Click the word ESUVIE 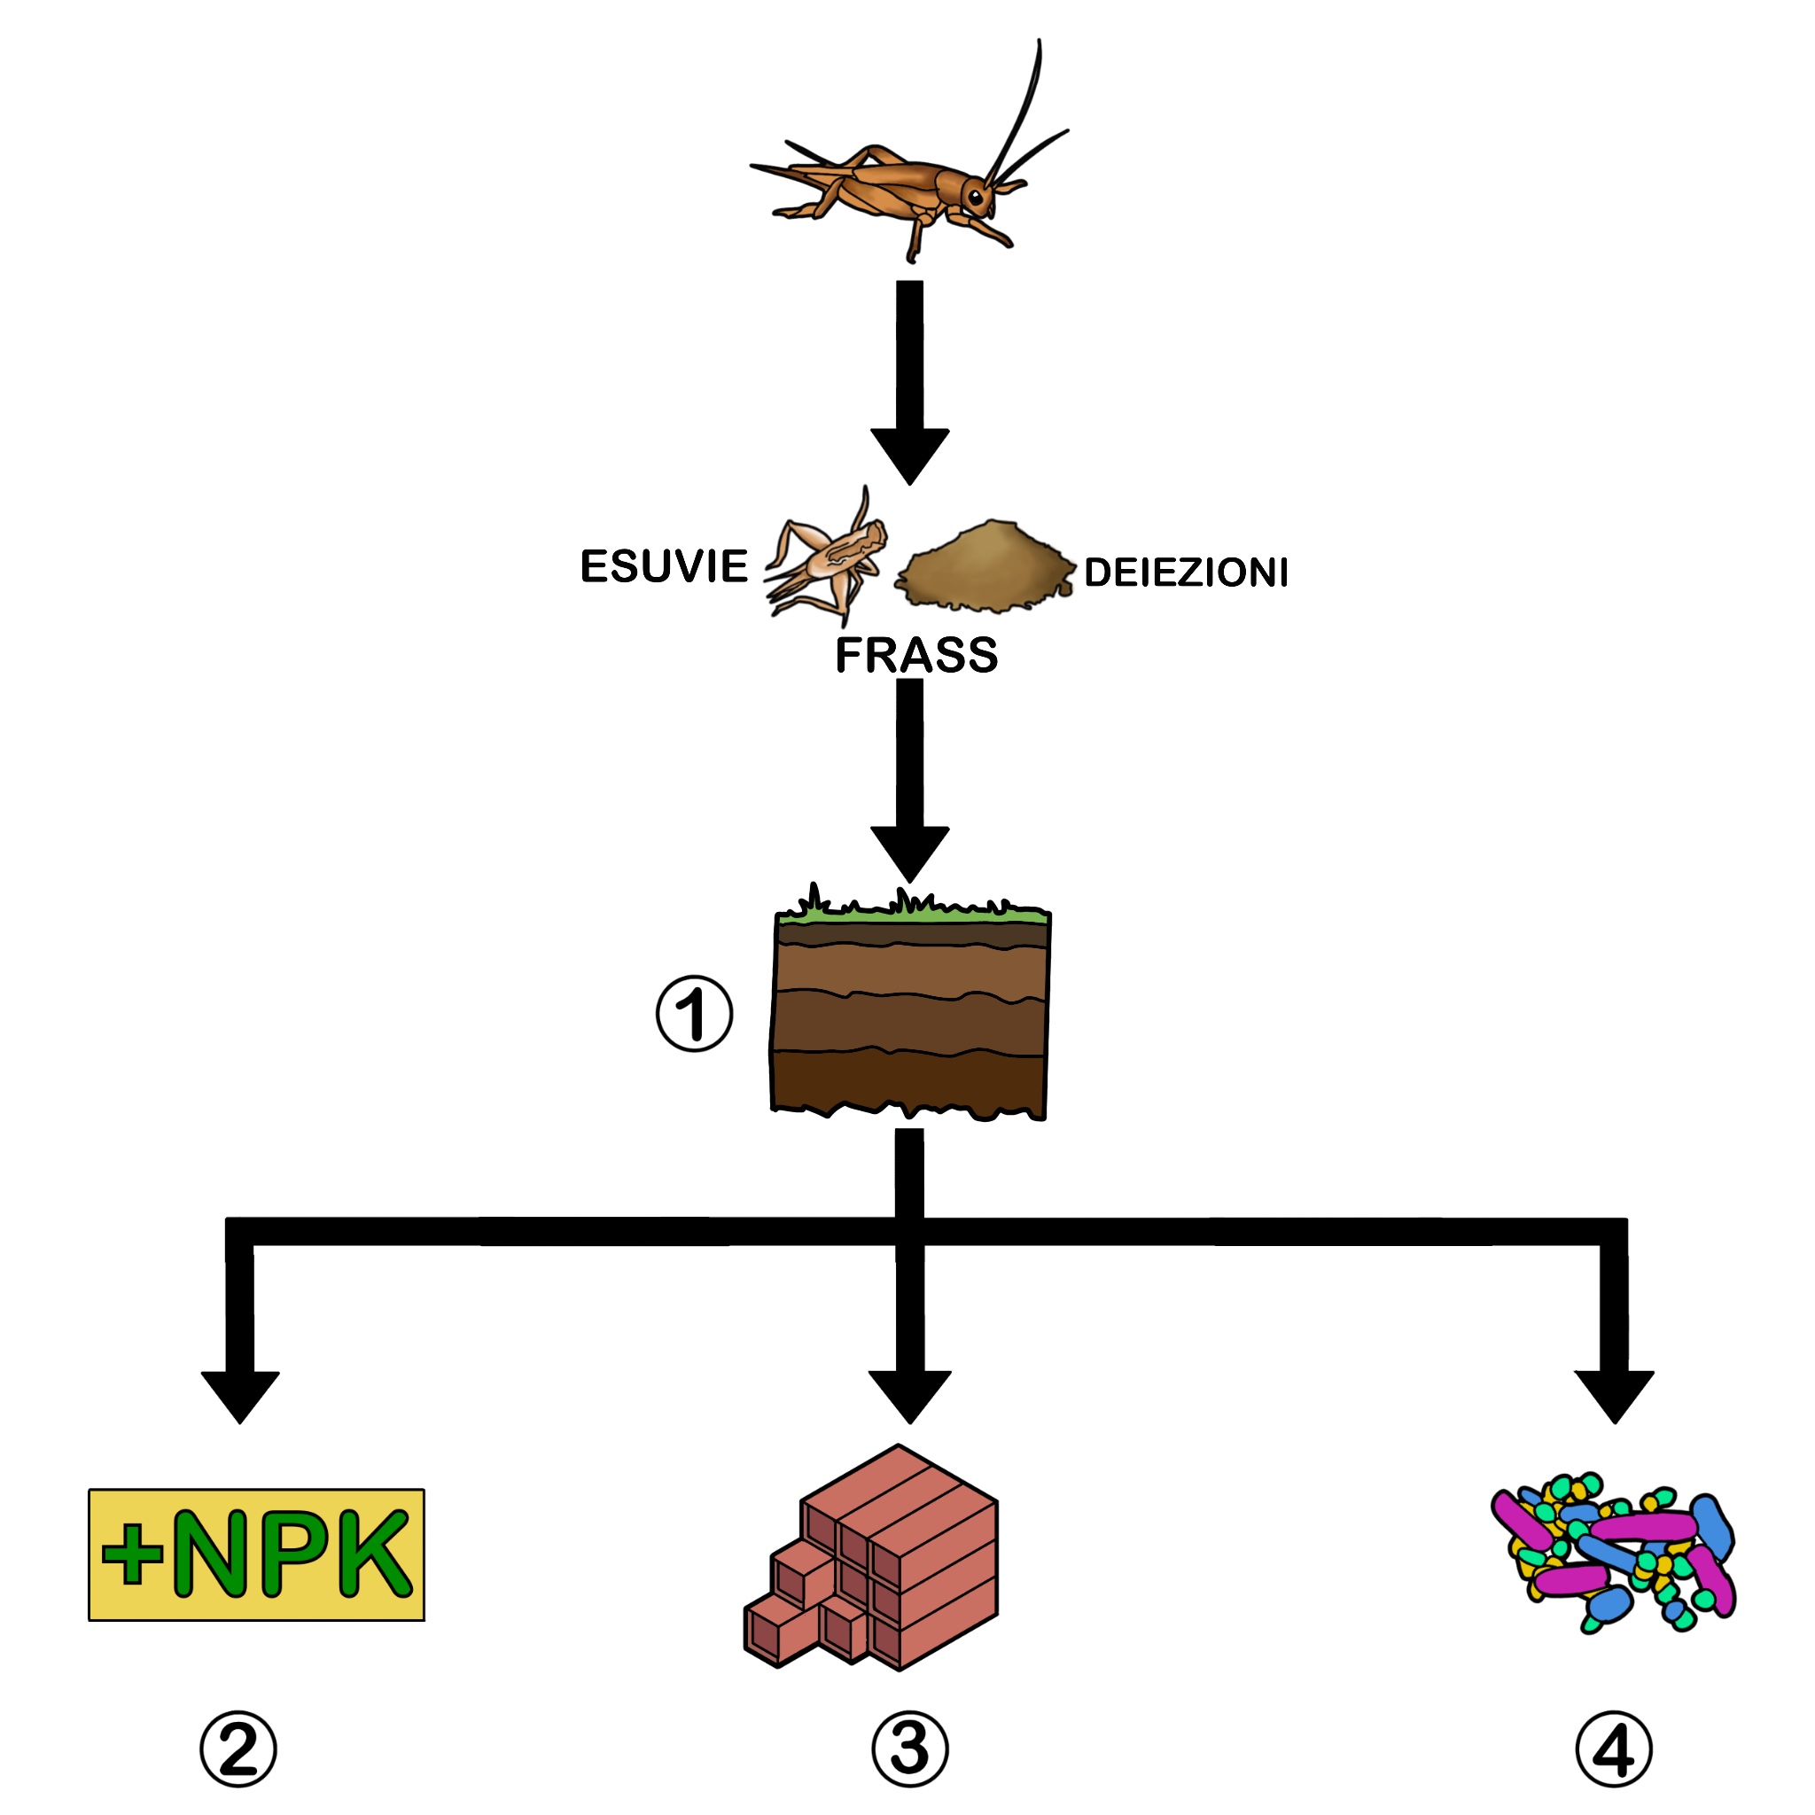tap(663, 566)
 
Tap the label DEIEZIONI tap(1185, 573)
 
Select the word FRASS tap(916, 655)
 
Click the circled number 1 tap(693, 1015)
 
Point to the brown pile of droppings tap(985, 566)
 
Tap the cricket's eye tap(976, 198)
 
